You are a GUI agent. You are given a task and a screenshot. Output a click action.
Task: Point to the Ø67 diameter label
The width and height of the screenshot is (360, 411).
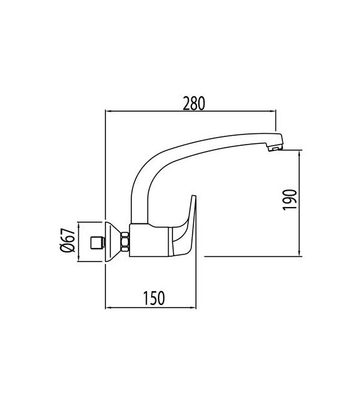coord(71,241)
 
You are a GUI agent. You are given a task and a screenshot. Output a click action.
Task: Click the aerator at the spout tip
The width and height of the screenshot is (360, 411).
coord(273,148)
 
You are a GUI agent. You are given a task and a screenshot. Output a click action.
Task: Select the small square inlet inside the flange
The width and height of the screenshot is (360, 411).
coord(97,241)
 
